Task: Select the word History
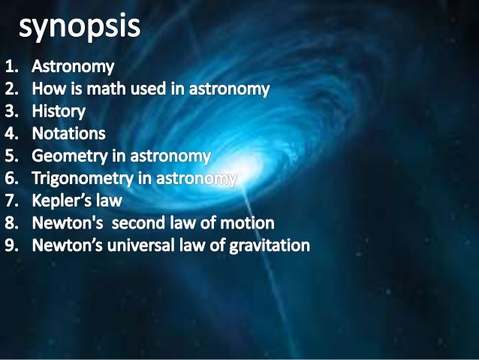58,112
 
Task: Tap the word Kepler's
64,201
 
